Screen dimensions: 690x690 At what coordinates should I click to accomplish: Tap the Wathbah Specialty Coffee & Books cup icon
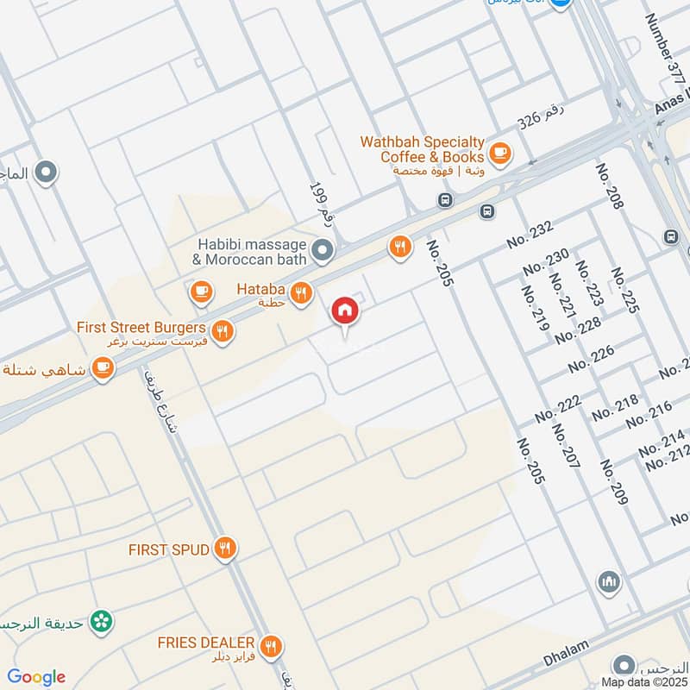[x=499, y=154]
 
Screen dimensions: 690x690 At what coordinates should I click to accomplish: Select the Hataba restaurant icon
[x=301, y=294]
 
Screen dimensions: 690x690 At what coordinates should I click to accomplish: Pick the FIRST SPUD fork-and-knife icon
[x=226, y=548]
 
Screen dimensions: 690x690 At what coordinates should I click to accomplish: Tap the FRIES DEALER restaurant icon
[x=272, y=644]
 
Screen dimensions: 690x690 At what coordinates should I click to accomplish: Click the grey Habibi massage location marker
[x=323, y=251]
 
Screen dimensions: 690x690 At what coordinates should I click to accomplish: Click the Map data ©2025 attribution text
[x=643, y=682]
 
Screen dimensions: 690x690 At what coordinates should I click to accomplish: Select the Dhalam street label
[x=566, y=660]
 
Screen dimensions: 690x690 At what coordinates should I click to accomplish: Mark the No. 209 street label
[x=614, y=480]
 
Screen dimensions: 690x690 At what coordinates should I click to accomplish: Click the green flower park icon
[x=103, y=620]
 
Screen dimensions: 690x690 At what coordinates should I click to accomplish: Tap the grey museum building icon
[x=609, y=582]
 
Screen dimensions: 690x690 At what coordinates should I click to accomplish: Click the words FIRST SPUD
[x=168, y=549]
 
